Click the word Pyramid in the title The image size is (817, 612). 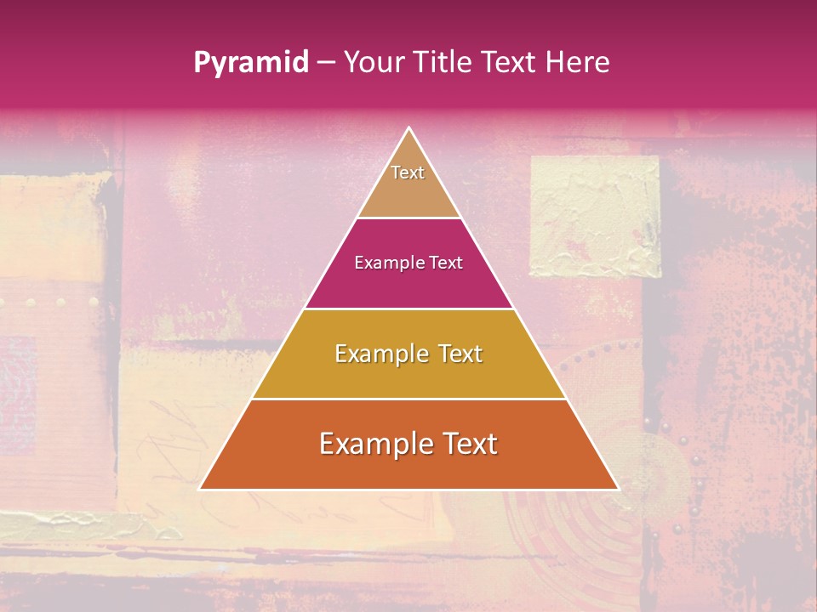pos(251,62)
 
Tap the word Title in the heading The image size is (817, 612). pos(447,62)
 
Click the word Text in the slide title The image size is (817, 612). pos(511,62)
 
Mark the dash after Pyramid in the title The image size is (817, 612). pos(325,63)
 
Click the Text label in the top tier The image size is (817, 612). pos(408,173)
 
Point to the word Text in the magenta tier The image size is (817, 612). pos(447,263)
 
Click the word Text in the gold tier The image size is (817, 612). pos(460,354)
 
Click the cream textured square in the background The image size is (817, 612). pos(595,217)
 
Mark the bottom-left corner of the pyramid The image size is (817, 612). pos(201,489)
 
